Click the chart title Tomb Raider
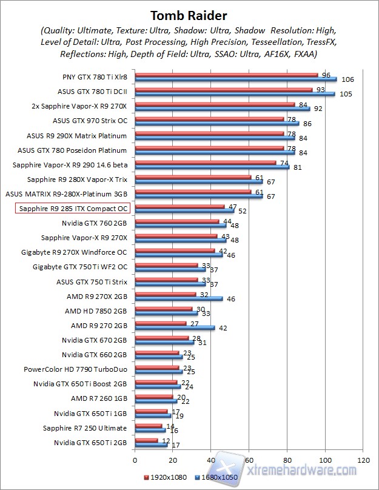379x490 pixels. click(x=190, y=15)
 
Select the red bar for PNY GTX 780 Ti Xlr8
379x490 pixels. click(x=226, y=75)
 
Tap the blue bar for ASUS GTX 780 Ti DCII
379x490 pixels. click(x=235, y=93)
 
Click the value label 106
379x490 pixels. click(x=347, y=79)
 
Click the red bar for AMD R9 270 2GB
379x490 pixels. click(x=161, y=323)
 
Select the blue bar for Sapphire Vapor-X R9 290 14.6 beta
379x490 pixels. click(x=212, y=167)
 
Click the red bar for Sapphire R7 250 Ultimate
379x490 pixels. click(x=149, y=426)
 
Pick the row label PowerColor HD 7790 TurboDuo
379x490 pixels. click(x=75, y=369)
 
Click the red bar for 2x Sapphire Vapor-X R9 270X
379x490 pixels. click(x=215, y=104)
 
